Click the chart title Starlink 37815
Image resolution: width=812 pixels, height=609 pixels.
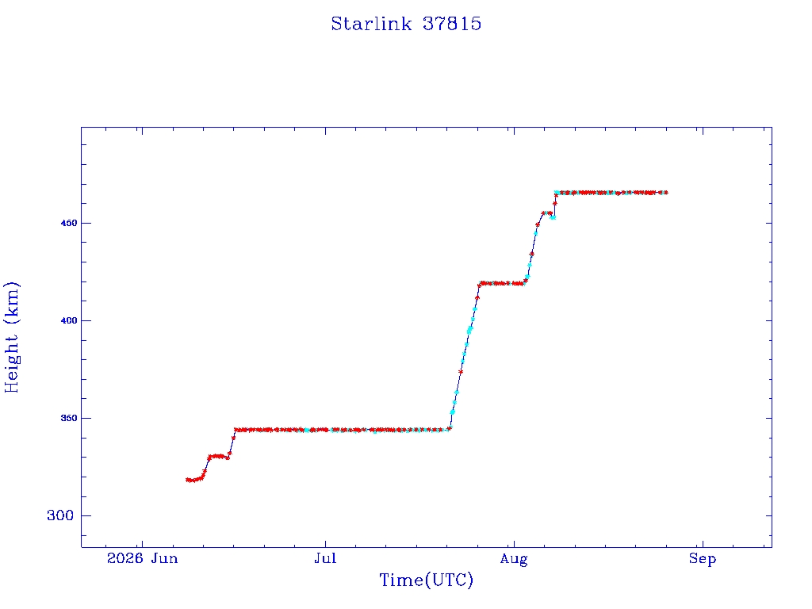tap(406, 24)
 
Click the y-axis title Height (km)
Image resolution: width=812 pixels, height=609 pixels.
tap(11, 338)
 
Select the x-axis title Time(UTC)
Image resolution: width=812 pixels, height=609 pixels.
tap(426, 580)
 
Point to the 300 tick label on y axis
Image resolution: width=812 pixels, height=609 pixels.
tap(60, 515)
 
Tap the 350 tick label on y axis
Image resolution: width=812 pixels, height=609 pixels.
tap(69, 418)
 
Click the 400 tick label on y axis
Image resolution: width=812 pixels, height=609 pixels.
tap(69, 320)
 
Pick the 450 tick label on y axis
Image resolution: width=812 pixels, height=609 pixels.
tap(69, 223)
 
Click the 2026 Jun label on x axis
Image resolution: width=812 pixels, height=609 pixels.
tap(143, 558)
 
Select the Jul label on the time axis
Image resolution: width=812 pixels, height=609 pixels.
tap(325, 558)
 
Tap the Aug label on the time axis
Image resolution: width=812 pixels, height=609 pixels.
tap(514, 559)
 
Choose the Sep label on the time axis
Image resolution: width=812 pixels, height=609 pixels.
tap(703, 559)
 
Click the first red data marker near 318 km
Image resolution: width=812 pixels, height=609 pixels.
tap(187, 480)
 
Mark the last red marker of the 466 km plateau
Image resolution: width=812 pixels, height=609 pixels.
tap(666, 193)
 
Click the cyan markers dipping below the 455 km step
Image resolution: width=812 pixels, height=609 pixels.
tap(553, 217)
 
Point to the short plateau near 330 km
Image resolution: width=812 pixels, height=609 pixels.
tap(217, 456)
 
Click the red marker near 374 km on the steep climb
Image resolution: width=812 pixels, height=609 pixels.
tap(461, 372)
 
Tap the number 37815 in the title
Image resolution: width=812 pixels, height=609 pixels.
tap(452, 24)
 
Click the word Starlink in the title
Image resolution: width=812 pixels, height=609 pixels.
tap(371, 24)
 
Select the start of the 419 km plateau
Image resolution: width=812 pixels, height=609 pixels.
tap(481, 284)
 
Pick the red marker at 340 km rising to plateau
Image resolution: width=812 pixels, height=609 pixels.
tap(233, 438)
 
